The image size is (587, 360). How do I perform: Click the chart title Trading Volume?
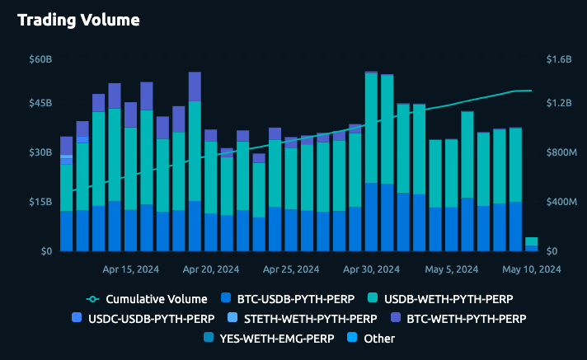pyautogui.click(x=78, y=19)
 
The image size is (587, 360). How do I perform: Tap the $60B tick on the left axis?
pyautogui.click(x=40, y=59)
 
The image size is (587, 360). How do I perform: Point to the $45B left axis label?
pyautogui.click(x=40, y=103)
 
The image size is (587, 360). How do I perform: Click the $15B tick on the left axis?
pyautogui.click(x=40, y=202)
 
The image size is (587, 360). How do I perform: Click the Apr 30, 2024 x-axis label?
pyautogui.click(x=371, y=269)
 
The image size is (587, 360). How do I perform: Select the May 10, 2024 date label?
pyautogui.click(x=533, y=269)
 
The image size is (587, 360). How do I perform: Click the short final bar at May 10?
pyautogui.click(x=532, y=244)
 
